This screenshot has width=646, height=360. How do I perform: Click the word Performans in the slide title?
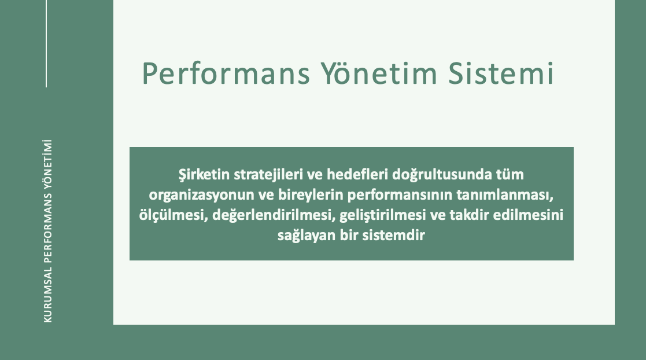(x=226, y=74)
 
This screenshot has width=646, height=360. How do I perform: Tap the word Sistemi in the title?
(x=501, y=73)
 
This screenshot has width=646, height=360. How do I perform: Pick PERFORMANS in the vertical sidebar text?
(x=48, y=228)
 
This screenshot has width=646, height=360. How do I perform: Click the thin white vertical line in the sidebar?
(x=46, y=43)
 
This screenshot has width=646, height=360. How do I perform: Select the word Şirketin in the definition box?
(x=204, y=174)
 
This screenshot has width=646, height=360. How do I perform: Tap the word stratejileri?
(x=268, y=175)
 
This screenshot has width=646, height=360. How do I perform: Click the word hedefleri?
(x=357, y=174)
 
